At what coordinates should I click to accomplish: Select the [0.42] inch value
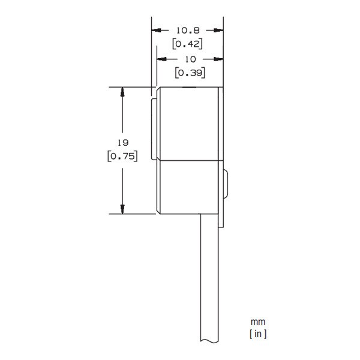coord(187,43)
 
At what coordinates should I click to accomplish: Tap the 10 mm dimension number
coord(190,59)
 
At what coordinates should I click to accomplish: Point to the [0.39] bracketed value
coord(190,73)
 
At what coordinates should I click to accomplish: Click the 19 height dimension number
coord(122,143)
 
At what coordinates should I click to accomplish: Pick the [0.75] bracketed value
coord(122,156)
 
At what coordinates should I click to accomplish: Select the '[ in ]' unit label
coord(258,334)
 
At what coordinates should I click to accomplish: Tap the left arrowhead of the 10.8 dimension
coord(155,29)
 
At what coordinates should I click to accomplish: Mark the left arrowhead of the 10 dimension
coord(161,59)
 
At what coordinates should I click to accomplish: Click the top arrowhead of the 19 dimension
coord(122,92)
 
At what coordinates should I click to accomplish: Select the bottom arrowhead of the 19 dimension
coord(122,208)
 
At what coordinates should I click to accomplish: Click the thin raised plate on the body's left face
coord(154,130)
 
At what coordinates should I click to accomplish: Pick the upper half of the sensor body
coord(189,124)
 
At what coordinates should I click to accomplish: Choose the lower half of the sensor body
coord(189,187)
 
